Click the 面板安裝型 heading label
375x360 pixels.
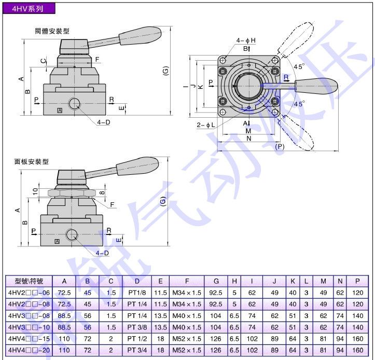(31, 162)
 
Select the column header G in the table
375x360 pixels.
(216, 281)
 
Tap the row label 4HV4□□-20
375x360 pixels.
(29, 350)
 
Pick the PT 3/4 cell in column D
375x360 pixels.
(137, 350)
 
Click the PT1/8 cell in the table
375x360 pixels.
(137, 293)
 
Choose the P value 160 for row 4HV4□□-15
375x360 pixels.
(357, 339)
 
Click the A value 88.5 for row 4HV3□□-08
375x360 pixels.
(64, 315)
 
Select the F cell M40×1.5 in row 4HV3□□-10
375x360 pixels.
(186, 327)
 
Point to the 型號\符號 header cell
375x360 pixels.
(29, 281)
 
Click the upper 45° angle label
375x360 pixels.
(299, 66)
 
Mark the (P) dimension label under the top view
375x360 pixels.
(280, 147)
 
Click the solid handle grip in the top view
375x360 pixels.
(316, 85)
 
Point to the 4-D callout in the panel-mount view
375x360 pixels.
(102, 253)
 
